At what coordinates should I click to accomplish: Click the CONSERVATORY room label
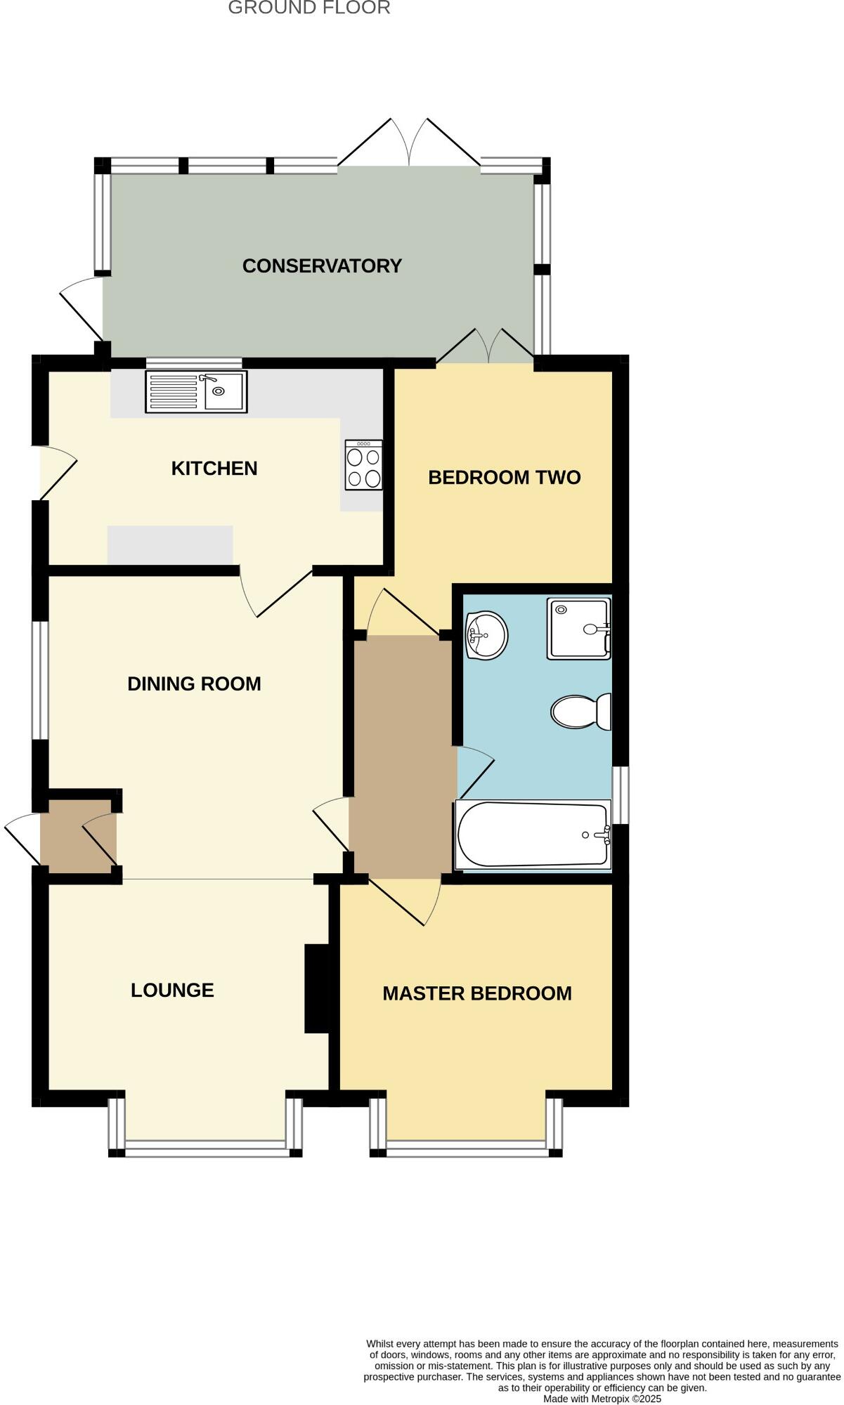click(322, 266)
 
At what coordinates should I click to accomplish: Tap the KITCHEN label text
click(214, 469)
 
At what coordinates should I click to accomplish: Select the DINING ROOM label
click(194, 684)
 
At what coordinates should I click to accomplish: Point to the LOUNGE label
click(172, 990)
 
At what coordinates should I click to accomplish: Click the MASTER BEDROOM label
click(477, 993)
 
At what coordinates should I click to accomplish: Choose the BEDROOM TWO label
click(505, 478)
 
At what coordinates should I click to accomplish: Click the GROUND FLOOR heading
click(309, 8)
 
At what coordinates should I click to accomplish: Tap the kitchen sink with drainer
click(196, 391)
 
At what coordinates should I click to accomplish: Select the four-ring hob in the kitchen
click(364, 465)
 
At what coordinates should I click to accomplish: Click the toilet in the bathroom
click(580, 711)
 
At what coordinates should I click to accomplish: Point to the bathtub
click(533, 835)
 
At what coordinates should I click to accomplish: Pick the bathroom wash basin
click(486, 635)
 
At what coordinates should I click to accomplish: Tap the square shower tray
click(578, 629)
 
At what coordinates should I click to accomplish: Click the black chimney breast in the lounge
click(317, 988)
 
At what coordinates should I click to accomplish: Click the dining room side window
click(40, 680)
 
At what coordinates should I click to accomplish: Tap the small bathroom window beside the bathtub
click(621, 795)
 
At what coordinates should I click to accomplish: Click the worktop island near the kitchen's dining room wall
click(170, 544)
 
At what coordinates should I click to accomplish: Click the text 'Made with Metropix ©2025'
click(602, 1399)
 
